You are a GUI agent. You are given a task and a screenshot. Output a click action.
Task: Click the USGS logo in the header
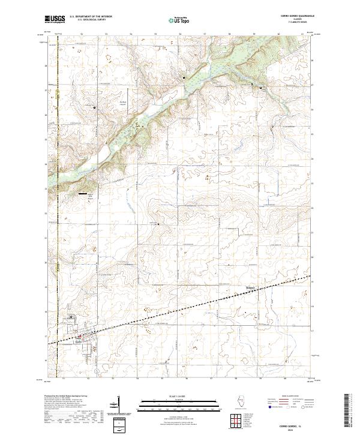click(55, 20)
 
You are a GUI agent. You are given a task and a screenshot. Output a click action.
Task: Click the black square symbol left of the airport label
click(95, 107)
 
